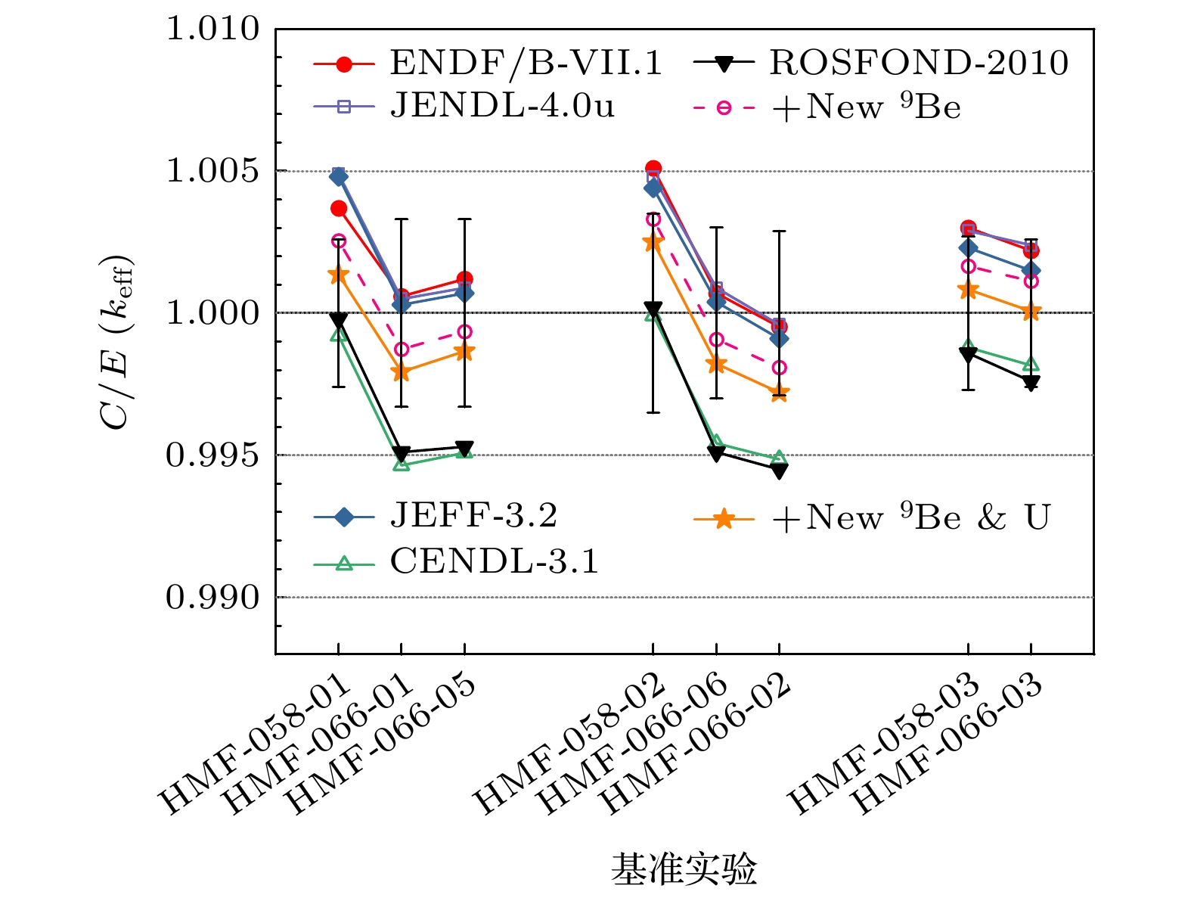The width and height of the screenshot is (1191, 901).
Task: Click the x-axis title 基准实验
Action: click(684, 869)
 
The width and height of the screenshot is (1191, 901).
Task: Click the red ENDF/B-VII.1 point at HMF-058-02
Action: click(653, 169)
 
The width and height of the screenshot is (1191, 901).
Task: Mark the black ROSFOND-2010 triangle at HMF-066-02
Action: click(779, 471)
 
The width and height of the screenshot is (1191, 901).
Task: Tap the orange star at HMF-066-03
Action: click(1031, 312)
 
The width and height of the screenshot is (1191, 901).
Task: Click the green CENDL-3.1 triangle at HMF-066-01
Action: click(402, 464)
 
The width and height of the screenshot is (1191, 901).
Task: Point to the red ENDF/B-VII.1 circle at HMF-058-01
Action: click(339, 209)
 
